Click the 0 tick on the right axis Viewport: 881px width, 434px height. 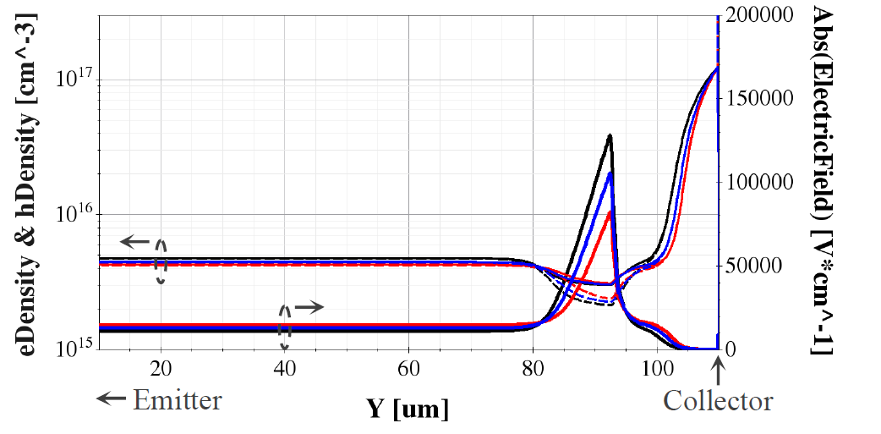tap(732, 349)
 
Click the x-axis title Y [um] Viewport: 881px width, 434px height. tap(408, 409)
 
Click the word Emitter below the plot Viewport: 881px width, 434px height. tap(177, 398)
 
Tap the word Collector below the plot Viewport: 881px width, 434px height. tap(718, 400)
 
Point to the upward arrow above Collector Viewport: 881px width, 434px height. tap(719, 370)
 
